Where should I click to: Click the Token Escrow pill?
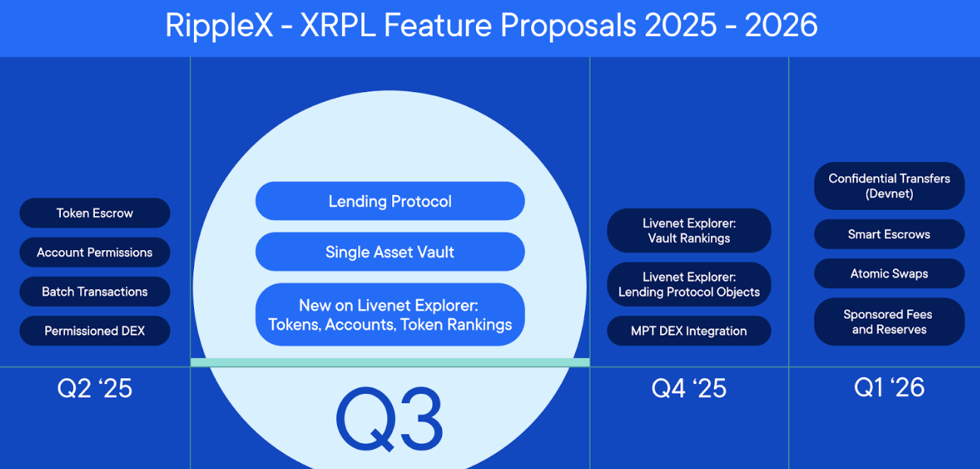94,213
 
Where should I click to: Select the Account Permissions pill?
94,252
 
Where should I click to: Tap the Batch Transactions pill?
94,291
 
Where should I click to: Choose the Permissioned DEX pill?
94,331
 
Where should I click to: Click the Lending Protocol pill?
390,201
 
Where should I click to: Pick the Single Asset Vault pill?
390,252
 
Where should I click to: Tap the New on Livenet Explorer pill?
390,315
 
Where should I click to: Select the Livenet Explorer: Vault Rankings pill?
689,230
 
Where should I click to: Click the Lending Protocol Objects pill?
689,284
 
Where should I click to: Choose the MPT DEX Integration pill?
689,331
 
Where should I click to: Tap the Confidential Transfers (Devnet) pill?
889,186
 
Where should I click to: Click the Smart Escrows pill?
889,234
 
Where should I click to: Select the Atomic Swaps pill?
889,273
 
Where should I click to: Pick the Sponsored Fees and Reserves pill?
889,322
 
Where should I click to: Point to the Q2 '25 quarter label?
94,388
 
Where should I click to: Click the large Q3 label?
389,419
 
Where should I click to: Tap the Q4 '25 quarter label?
689,388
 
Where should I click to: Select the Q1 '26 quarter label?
889,388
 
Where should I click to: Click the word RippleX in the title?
220,26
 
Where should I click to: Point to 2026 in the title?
781,25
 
